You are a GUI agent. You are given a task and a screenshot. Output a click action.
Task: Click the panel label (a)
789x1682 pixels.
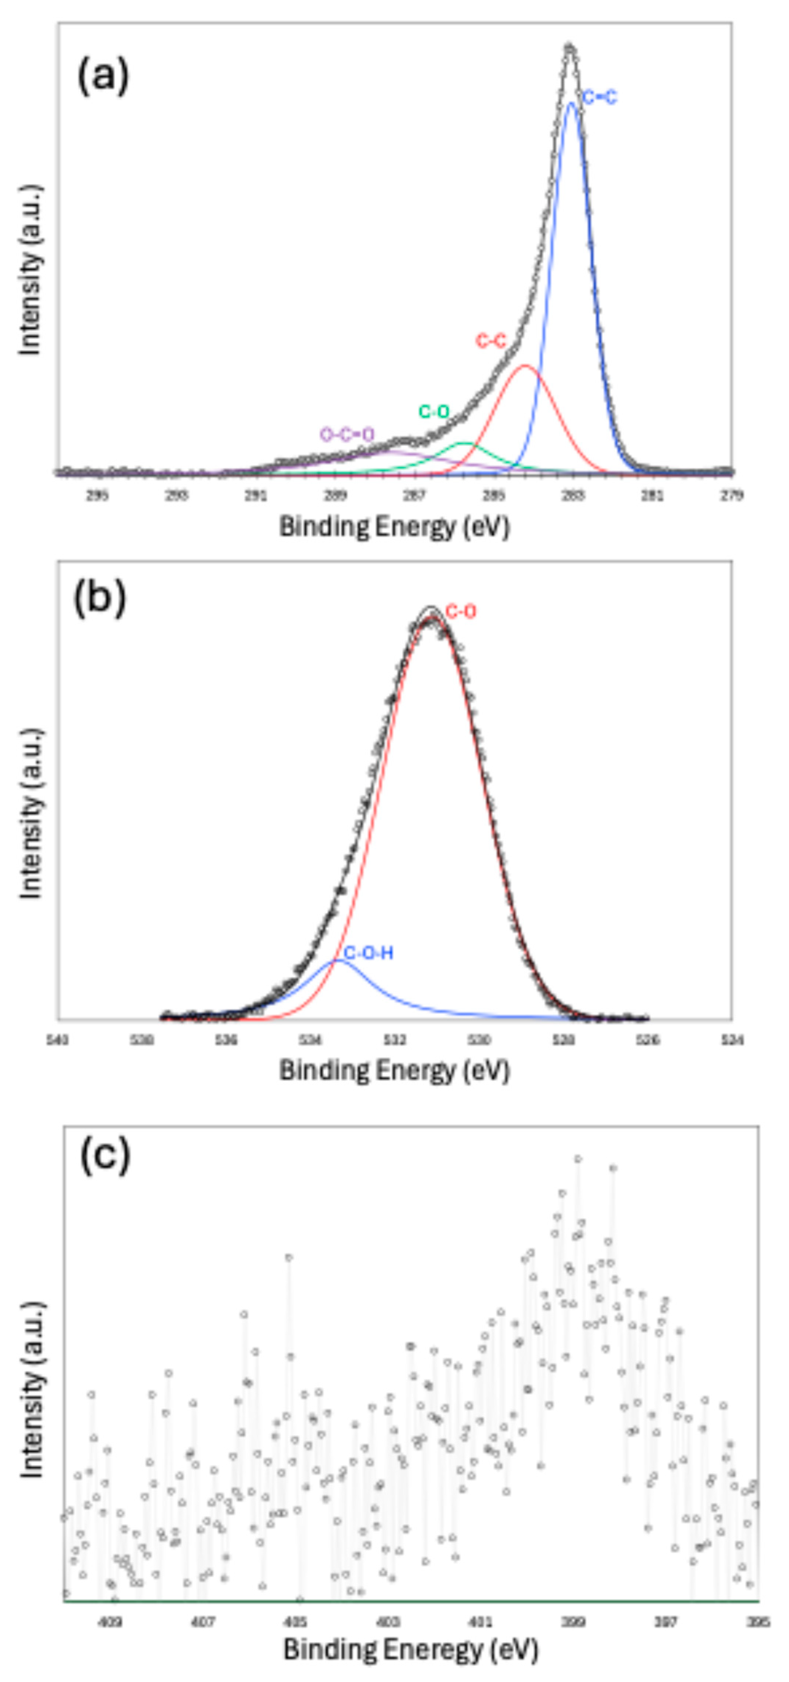pyautogui.click(x=103, y=76)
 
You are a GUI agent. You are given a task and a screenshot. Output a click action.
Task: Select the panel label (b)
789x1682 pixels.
pyautogui.click(x=99, y=598)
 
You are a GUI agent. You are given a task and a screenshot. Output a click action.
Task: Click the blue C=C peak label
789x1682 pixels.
pyautogui.click(x=599, y=98)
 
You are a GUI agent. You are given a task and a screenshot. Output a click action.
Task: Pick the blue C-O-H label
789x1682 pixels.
pyautogui.click(x=368, y=953)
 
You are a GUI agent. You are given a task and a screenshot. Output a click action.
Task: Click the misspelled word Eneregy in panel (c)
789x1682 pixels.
pyautogui.click(x=418, y=1649)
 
